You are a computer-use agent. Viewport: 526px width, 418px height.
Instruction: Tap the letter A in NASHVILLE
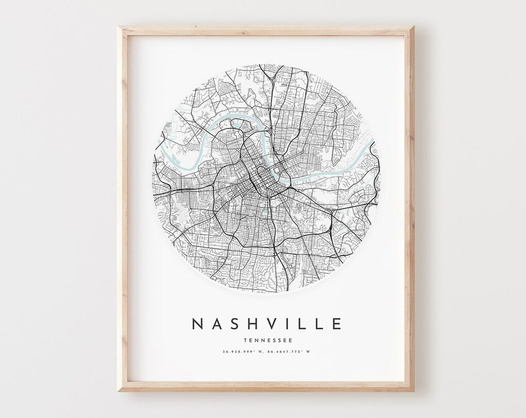pos(217,324)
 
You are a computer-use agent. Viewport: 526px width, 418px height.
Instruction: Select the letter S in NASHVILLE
pos(234,324)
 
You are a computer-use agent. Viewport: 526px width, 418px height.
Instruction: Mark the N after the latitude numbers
pos(261,352)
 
